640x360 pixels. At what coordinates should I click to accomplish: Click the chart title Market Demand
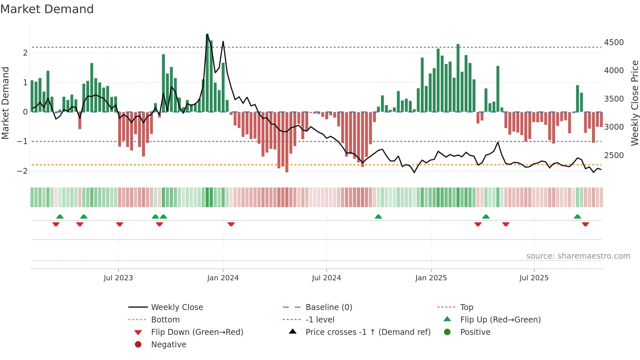(x=47, y=9)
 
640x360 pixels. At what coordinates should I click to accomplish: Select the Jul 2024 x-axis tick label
(x=326, y=278)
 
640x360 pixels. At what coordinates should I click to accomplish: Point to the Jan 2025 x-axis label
(x=431, y=278)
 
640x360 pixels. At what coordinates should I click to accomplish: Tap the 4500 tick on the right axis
(x=614, y=42)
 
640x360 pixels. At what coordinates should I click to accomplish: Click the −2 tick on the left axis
(x=22, y=171)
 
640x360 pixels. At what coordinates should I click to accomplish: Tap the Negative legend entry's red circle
(x=138, y=345)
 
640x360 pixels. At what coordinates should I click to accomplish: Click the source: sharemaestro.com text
(x=578, y=256)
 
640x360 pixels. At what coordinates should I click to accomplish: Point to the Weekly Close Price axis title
(x=634, y=103)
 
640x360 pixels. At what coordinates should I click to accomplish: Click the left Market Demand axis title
(x=6, y=103)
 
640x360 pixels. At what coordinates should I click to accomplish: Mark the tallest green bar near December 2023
(x=207, y=73)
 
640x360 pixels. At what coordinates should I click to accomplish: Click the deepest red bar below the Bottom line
(x=287, y=142)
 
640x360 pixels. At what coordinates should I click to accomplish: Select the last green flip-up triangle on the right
(x=577, y=217)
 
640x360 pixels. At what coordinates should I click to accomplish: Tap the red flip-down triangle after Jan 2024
(x=231, y=224)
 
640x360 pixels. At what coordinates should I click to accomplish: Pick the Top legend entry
(x=466, y=307)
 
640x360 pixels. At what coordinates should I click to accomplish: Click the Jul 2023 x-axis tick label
(x=118, y=278)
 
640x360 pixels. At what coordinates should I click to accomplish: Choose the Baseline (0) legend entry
(x=328, y=307)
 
